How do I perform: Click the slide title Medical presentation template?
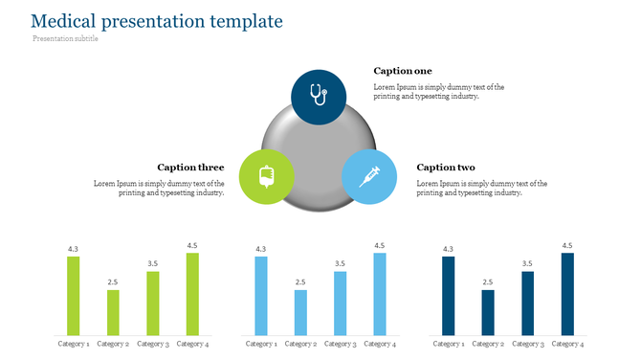pyautogui.click(x=157, y=20)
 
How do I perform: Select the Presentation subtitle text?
pyautogui.click(x=65, y=39)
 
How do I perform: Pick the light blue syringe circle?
pyautogui.click(x=368, y=176)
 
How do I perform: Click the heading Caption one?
pyautogui.click(x=402, y=71)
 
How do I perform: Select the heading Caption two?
pyautogui.click(x=445, y=168)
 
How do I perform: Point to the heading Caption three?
pyautogui.click(x=190, y=168)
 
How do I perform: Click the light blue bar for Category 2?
pyautogui.click(x=300, y=311)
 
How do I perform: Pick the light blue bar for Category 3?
pyautogui.click(x=340, y=303)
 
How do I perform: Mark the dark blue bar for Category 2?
pyautogui.click(x=488, y=311)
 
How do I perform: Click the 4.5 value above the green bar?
pyautogui.click(x=192, y=246)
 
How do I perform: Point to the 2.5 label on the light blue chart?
pyautogui.click(x=300, y=282)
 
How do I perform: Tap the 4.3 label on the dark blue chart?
pyautogui.click(x=449, y=250)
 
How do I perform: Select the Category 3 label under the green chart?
pyautogui.click(x=152, y=344)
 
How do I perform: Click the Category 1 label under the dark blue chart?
pyautogui.click(x=449, y=344)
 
